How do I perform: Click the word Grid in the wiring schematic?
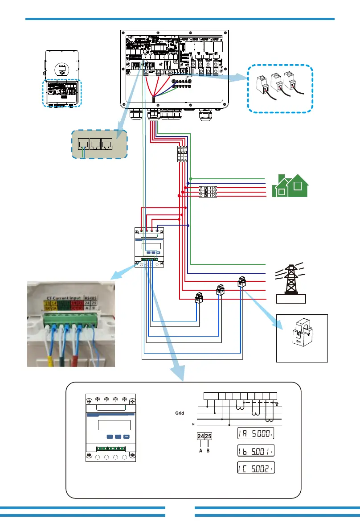179,413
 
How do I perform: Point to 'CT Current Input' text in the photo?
64,296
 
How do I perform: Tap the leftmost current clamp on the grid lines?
199,297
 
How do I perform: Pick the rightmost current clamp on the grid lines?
241,281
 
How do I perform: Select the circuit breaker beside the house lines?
208,192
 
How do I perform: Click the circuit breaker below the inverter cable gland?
182,153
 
